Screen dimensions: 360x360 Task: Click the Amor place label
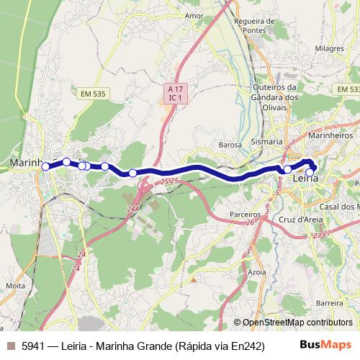[194, 14]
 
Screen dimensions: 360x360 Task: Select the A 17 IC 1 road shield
[173, 92]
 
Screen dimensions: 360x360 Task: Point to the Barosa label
[230, 145]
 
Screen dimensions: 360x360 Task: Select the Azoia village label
[256, 272]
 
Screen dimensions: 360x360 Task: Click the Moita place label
[14, 286]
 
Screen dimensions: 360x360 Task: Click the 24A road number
[132, 209]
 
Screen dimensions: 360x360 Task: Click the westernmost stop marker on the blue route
[46, 166]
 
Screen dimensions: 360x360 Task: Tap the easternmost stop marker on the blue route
[310, 172]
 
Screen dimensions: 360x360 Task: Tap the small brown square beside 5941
[11, 345]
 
